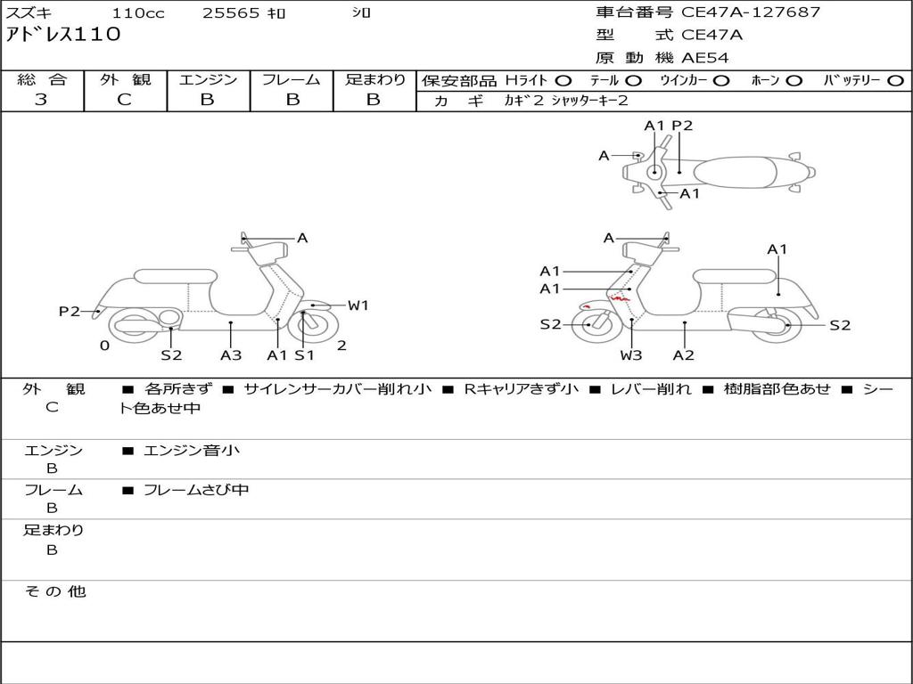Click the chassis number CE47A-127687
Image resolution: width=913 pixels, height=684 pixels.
point(751,12)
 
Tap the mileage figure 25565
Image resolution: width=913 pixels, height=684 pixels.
point(231,13)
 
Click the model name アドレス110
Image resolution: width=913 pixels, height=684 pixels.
point(63,35)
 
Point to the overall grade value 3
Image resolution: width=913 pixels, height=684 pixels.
point(41,100)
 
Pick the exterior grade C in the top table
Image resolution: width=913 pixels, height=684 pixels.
point(124,100)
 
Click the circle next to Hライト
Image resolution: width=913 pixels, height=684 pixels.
point(563,81)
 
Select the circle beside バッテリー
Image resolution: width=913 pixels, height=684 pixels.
point(896,81)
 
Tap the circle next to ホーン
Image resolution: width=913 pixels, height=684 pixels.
point(794,81)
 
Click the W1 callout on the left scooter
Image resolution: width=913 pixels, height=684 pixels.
point(358,305)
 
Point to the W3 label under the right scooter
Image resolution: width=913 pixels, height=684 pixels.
point(630,354)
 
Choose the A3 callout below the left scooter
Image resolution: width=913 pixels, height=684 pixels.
point(231,354)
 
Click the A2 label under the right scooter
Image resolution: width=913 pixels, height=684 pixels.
point(684,354)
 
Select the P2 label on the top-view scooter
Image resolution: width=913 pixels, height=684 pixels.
point(682,126)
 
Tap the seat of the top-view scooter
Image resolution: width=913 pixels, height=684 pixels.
point(736,172)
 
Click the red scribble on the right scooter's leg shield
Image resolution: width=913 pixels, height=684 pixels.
point(620,298)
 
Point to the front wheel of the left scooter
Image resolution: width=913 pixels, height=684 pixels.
point(313,326)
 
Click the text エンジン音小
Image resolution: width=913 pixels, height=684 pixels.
point(192,450)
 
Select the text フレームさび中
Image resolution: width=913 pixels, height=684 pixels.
point(196,491)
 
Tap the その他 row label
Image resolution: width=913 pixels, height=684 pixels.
point(55,591)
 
